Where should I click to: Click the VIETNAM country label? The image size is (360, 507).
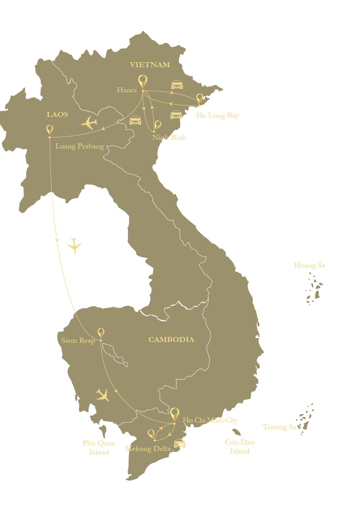(150, 65)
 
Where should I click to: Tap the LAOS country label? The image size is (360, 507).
(57, 115)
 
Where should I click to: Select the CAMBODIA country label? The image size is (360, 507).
(171, 340)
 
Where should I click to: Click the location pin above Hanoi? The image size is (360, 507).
(142, 81)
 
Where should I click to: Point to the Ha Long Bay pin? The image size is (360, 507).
(200, 99)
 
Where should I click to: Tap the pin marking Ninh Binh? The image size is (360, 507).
(158, 125)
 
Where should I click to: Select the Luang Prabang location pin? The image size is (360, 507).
(50, 130)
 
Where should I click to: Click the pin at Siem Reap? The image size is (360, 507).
(101, 333)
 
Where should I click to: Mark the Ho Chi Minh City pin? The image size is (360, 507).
(175, 414)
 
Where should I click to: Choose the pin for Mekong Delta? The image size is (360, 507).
(151, 434)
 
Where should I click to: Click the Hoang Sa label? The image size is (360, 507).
(309, 266)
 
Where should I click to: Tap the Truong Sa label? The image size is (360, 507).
(279, 427)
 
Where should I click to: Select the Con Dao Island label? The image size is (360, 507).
(240, 447)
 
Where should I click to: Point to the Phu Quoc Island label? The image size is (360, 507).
(99, 447)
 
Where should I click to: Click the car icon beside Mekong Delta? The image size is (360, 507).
(180, 443)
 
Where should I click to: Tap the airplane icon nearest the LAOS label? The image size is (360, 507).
(90, 123)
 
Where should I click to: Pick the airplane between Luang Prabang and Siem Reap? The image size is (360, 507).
(74, 246)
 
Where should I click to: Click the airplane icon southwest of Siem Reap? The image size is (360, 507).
(103, 395)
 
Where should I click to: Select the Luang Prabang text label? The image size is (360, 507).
(80, 146)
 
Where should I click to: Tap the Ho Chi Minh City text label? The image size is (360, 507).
(210, 420)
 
